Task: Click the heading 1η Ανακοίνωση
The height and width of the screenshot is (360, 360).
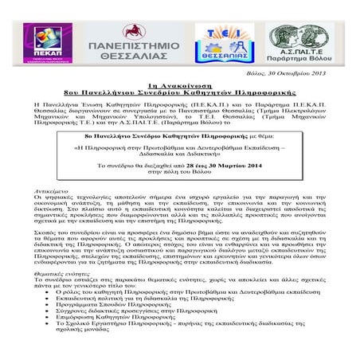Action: click(179, 85)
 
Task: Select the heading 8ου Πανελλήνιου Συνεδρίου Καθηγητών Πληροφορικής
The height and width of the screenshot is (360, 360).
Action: click(179, 93)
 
